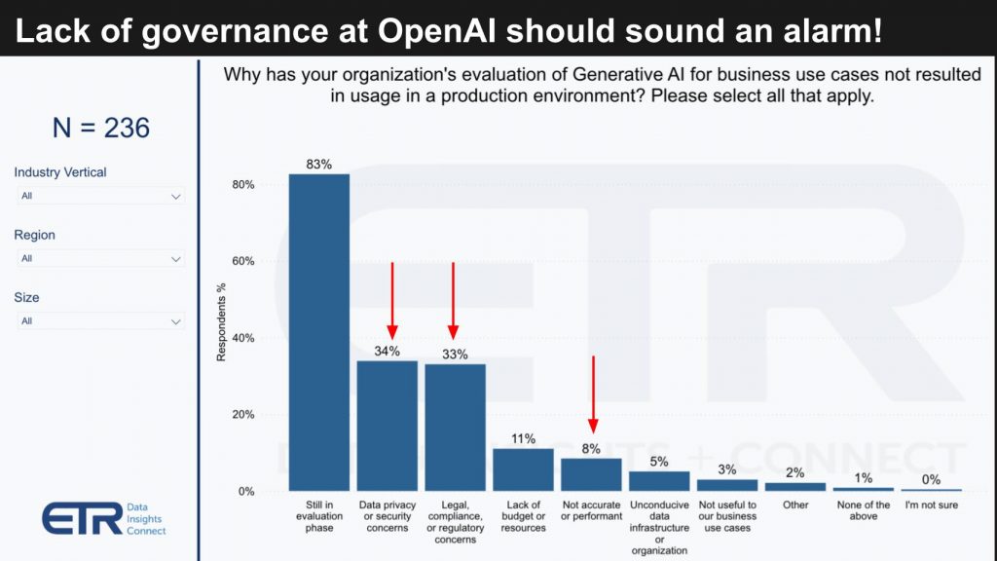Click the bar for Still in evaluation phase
pyautogui.click(x=318, y=331)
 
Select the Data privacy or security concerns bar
pyautogui.click(x=387, y=426)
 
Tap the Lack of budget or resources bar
pyautogui.click(x=523, y=469)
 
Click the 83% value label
pyautogui.click(x=319, y=165)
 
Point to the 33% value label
pyautogui.click(x=455, y=355)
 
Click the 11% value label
pyautogui.click(x=523, y=438)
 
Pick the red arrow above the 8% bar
pyautogui.click(x=593, y=394)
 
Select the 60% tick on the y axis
pyautogui.click(x=243, y=261)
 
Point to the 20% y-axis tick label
pyautogui.click(x=243, y=415)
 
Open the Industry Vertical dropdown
pyautogui.click(x=101, y=196)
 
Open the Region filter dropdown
pyautogui.click(x=101, y=259)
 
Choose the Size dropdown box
pyautogui.click(x=101, y=321)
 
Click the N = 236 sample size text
pyautogui.click(x=101, y=128)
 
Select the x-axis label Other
pyautogui.click(x=795, y=505)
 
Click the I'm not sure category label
pyautogui.click(x=932, y=505)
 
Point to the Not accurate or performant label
pyautogui.click(x=592, y=510)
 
